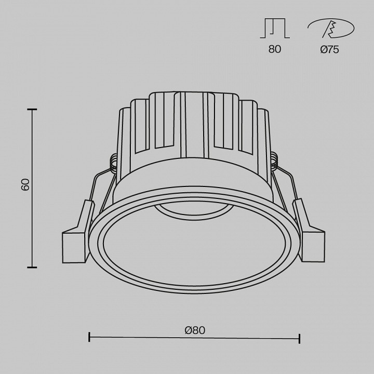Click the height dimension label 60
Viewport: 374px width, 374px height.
coord(25,185)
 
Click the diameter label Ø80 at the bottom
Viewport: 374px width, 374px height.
coord(194,329)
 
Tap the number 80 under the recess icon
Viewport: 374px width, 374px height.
coord(275,50)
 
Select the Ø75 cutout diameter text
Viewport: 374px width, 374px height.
coord(329,50)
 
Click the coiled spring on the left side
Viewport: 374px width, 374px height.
coord(112,163)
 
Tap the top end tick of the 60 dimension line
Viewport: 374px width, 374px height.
coord(32,110)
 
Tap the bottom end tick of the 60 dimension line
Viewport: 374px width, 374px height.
coord(32,267)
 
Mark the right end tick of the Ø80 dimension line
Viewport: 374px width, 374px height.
coord(299,338)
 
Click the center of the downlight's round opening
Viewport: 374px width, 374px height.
coord(194,244)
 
